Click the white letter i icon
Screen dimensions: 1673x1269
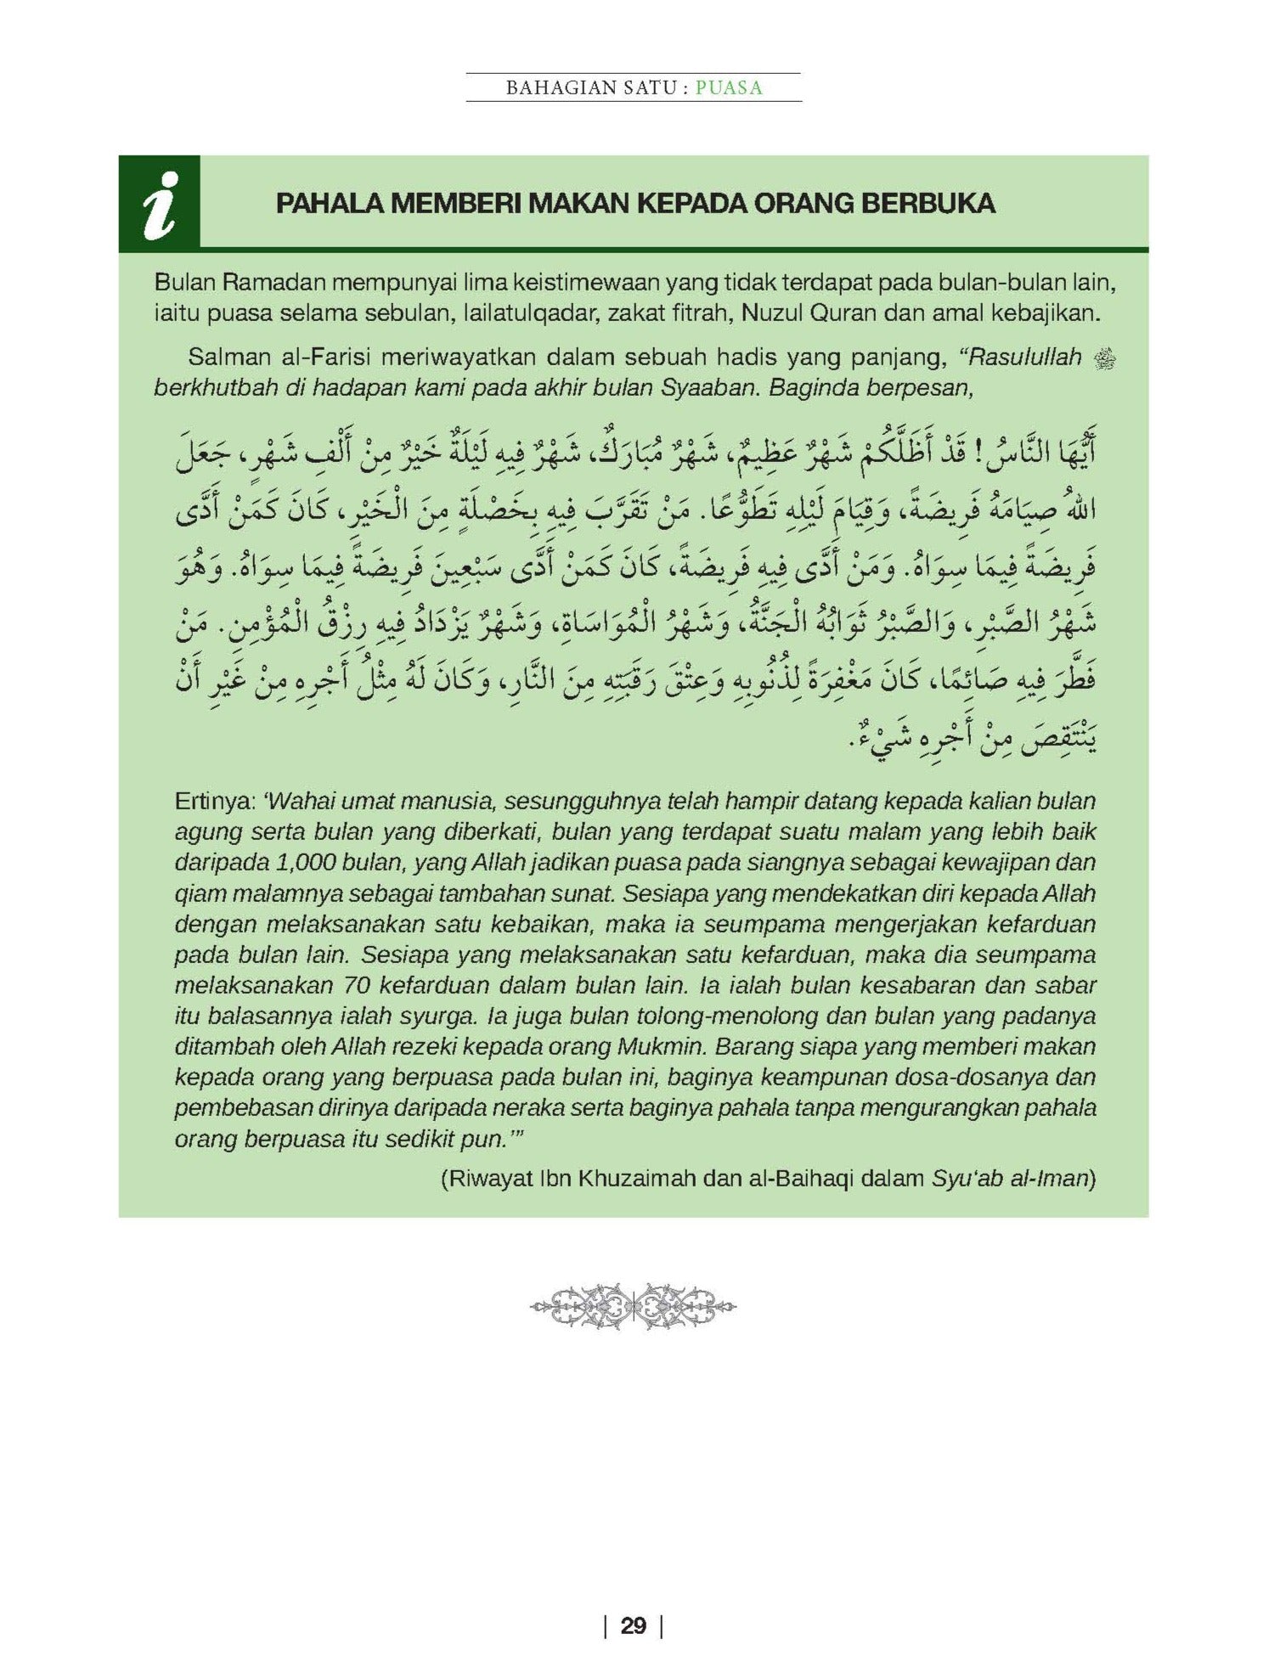tap(161, 204)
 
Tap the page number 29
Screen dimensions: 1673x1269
tap(634, 1625)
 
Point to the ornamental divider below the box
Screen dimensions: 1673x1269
tap(634, 1306)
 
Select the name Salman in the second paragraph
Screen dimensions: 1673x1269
tap(224, 358)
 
